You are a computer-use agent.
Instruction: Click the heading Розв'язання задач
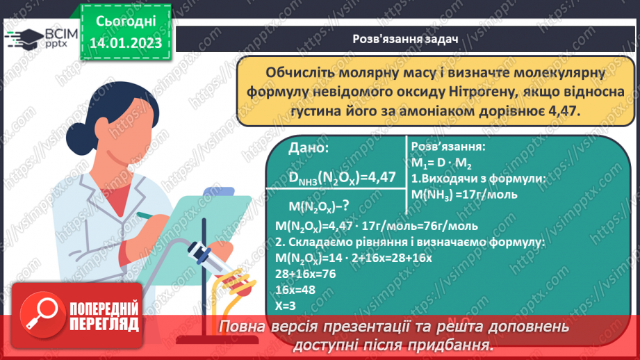click(x=406, y=40)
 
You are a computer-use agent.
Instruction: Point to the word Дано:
click(x=309, y=148)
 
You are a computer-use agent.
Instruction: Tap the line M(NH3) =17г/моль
click(x=464, y=194)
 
